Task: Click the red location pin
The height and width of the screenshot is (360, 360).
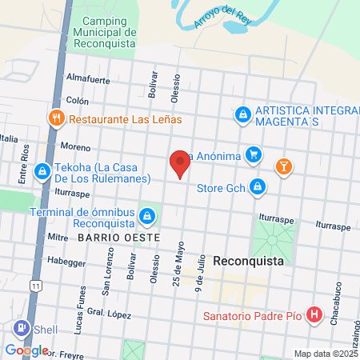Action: [x=180, y=165]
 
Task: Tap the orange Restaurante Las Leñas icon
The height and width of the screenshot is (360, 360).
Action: [x=56, y=118]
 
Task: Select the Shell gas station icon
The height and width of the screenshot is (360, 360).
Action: [x=20, y=327]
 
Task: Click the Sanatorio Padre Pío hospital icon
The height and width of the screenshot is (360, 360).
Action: [x=314, y=314]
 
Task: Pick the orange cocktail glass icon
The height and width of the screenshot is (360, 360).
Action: [x=282, y=166]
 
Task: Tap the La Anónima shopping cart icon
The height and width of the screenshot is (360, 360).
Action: [x=254, y=155]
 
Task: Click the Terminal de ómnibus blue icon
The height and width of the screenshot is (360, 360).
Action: [x=147, y=216]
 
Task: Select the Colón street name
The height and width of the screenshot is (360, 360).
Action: [x=78, y=101]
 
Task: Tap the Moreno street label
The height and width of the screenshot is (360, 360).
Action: [x=76, y=148]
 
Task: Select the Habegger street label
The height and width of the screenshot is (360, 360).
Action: [x=66, y=261]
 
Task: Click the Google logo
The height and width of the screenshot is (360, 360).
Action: [x=26, y=350]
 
